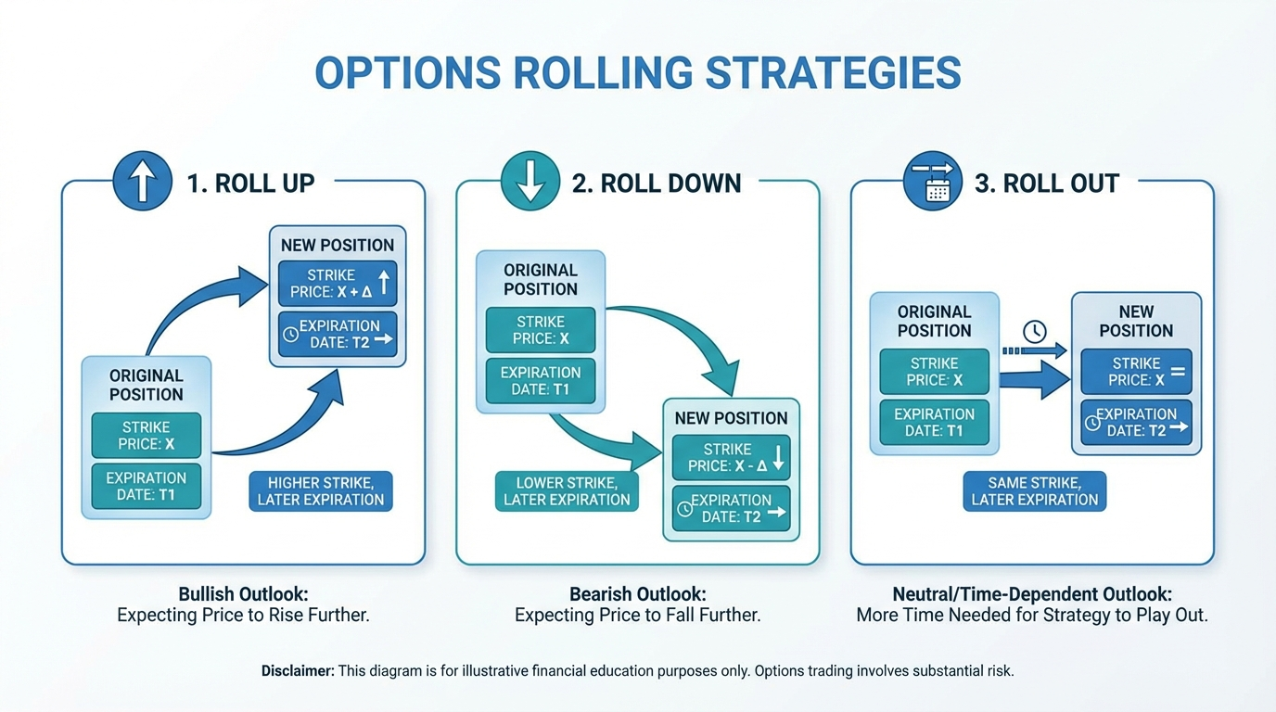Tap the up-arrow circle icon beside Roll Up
tap(142, 182)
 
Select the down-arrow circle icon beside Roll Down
tap(530, 182)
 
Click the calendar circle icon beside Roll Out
tap(934, 182)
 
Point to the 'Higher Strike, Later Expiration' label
tap(321, 491)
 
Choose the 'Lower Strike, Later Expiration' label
tap(567, 491)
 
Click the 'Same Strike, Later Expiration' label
tap(1034, 491)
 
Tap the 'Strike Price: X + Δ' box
tap(338, 284)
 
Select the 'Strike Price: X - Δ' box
tap(731, 457)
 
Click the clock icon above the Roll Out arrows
tap(1034, 331)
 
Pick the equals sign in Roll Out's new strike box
tap(1178, 372)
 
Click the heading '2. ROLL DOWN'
tap(657, 184)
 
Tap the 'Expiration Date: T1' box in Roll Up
tap(147, 486)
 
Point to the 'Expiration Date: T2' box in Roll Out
tap(1136, 422)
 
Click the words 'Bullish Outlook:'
tap(243, 593)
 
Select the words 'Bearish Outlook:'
tap(637, 593)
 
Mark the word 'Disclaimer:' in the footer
tap(298, 670)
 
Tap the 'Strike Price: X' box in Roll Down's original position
tap(541, 330)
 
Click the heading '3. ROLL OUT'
tap(1047, 184)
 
